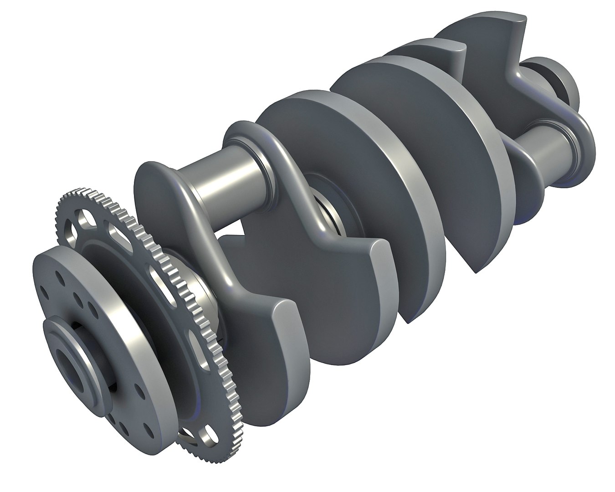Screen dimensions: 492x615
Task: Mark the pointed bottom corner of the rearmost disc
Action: [476, 271]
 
